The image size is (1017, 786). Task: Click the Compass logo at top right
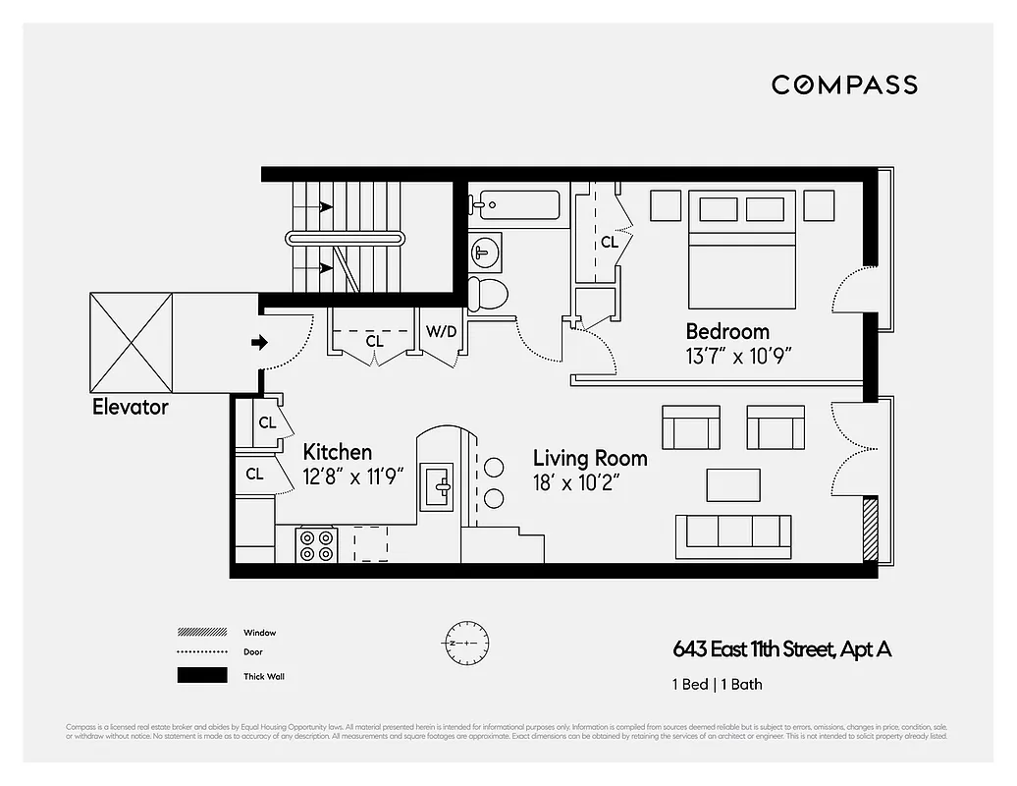click(844, 84)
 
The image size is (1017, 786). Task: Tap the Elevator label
click(131, 407)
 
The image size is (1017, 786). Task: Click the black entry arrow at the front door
click(259, 343)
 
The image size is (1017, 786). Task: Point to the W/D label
click(441, 332)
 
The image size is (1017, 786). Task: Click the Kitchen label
click(337, 453)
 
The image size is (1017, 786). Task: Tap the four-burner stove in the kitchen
click(318, 545)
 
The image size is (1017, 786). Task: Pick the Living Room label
click(590, 458)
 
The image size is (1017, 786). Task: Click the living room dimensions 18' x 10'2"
click(578, 482)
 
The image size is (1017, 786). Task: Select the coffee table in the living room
click(733, 484)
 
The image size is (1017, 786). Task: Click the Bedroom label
click(727, 331)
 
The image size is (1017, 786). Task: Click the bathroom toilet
click(488, 294)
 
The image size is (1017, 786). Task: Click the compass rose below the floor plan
click(465, 643)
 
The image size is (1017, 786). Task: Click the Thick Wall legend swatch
click(201, 676)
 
